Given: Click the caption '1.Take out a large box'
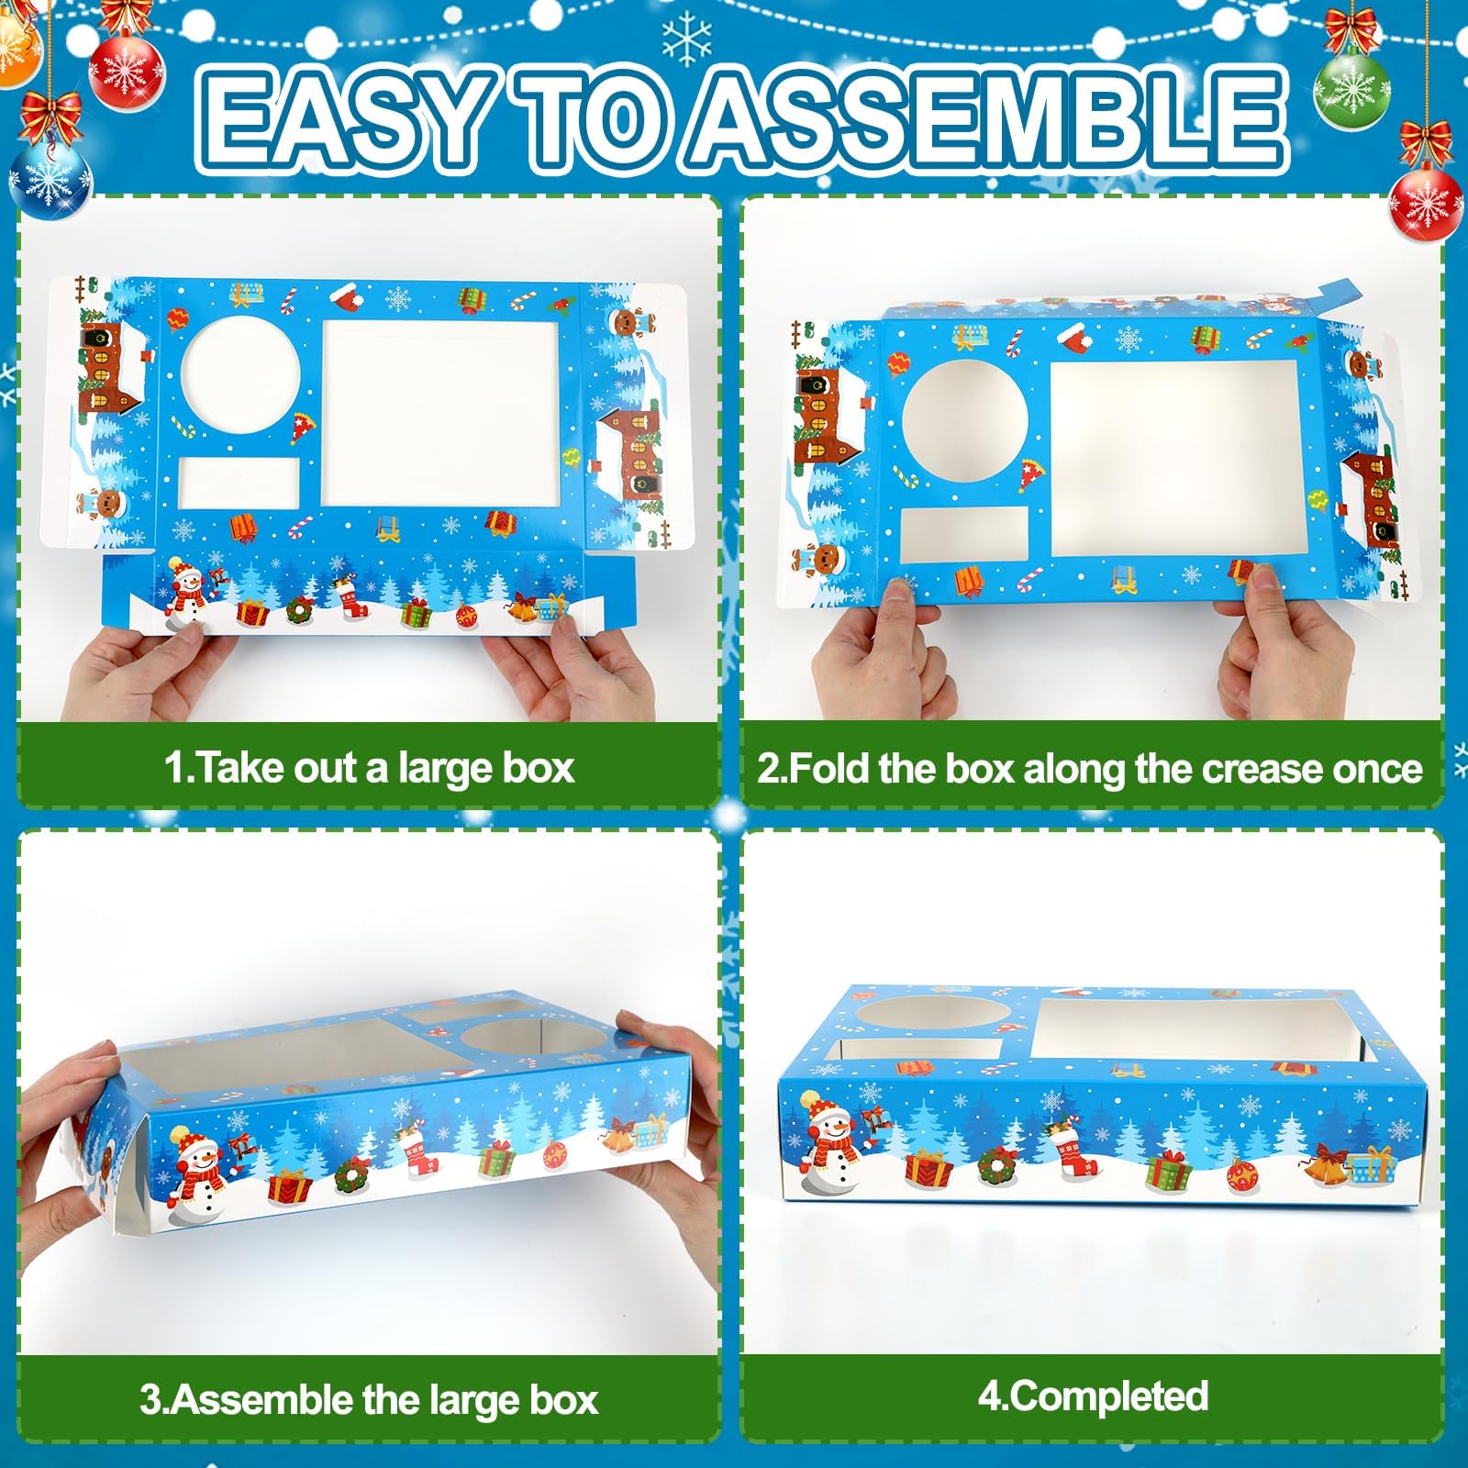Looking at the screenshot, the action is (369, 767).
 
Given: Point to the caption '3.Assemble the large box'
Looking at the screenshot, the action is (369, 1400).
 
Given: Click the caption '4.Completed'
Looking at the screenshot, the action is (1092, 1396).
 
